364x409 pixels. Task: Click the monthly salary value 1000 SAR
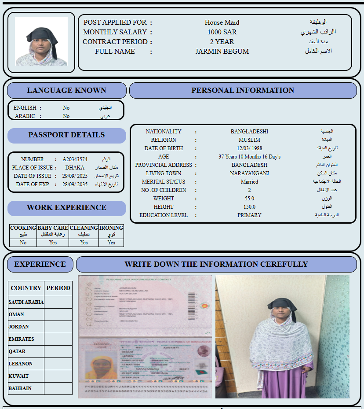pos(222,32)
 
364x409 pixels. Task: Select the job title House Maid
pos(222,22)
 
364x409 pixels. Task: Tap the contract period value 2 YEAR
pos(222,42)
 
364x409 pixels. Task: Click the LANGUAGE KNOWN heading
pos(66,90)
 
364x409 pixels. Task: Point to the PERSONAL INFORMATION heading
pos(243,90)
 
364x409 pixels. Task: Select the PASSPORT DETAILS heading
pos(66,135)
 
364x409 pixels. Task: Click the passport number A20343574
pos(75,159)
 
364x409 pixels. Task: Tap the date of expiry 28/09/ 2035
pos(75,184)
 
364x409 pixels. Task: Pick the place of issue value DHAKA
pos(75,168)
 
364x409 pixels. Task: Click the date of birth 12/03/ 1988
pos(249,148)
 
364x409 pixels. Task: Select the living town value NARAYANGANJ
pos(249,173)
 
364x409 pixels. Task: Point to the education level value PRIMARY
pos(249,215)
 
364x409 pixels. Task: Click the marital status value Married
pos(249,182)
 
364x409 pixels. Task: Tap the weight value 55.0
pos(249,199)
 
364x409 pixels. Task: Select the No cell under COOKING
pos(23,243)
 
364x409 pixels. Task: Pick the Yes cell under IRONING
pos(111,243)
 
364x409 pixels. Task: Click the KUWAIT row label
pos(18,376)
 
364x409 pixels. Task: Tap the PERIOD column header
pos(58,288)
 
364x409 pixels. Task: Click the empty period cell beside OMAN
pos(58,314)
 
